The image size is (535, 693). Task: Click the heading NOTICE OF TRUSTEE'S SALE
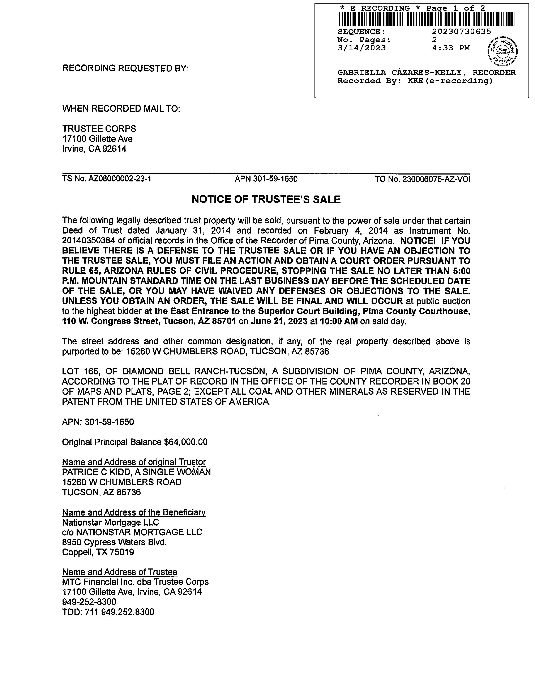tap(266, 199)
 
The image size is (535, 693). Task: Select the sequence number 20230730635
tap(462, 31)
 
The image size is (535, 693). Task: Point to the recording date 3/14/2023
tap(362, 48)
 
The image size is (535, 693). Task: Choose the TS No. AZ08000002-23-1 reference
tap(107, 179)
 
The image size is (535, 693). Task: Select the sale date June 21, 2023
tap(279, 322)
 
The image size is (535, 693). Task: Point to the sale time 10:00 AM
tap(339, 322)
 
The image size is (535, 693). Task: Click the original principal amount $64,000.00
tap(186, 442)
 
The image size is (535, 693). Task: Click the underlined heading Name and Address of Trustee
tap(120, 572)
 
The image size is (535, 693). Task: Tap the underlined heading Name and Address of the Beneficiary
tap(134, 512)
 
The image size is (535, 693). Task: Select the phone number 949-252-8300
tap(89, 602)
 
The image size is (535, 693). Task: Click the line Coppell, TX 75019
tap(98, 553)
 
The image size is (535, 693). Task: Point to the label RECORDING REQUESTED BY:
tap(125, 68)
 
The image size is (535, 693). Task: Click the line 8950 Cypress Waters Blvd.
tap(114, 542)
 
